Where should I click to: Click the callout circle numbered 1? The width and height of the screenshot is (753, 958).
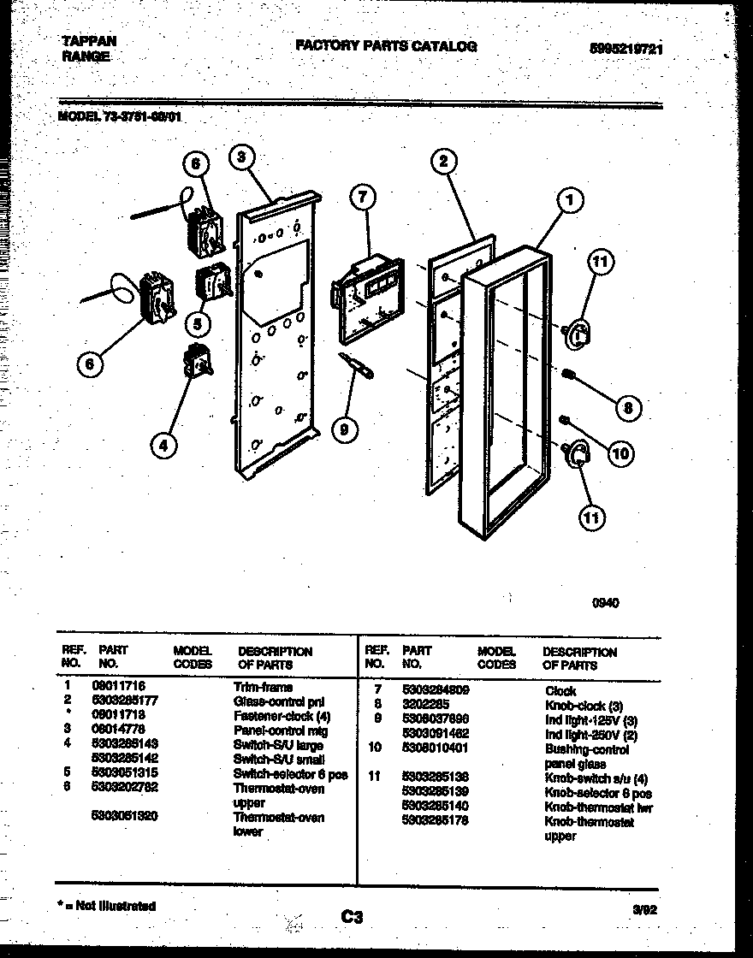(569, 201)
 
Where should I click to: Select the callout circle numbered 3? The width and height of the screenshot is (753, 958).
(242, 157)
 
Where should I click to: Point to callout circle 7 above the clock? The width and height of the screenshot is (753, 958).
(363, 196)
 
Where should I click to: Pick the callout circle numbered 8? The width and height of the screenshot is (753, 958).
(627, 408)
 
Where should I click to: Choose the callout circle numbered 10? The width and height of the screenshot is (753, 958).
(621, 453)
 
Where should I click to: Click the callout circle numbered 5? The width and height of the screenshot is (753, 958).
(196, 324)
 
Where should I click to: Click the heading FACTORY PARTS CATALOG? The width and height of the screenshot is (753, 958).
(386, 47)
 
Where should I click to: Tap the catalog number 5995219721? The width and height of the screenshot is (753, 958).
(626, 50)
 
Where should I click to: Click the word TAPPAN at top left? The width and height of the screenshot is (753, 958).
(89, 41)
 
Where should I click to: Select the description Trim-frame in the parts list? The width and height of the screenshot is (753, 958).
(263, 687)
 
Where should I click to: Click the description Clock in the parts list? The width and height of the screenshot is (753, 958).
(560, 690)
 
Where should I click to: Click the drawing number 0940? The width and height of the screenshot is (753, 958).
(606, 602)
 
